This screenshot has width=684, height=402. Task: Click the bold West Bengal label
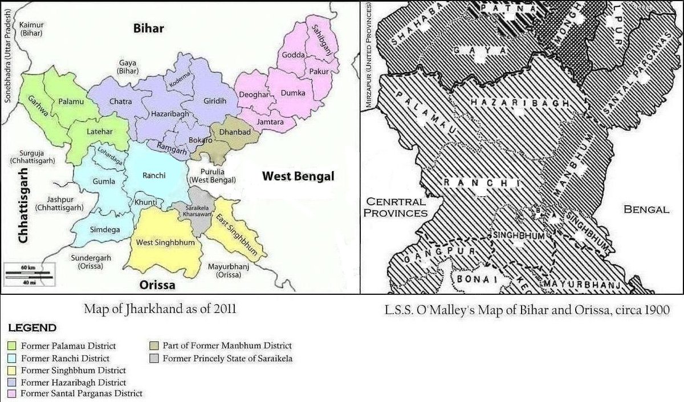[x=298, y=177]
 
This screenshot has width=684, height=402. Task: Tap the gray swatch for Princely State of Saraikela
[x=154, y=359]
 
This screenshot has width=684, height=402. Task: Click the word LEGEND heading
[x=32, y=328]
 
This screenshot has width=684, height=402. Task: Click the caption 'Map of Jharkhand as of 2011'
[x=160, y=310]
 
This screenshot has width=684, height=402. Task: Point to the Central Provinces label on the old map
[x=397, y=207]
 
